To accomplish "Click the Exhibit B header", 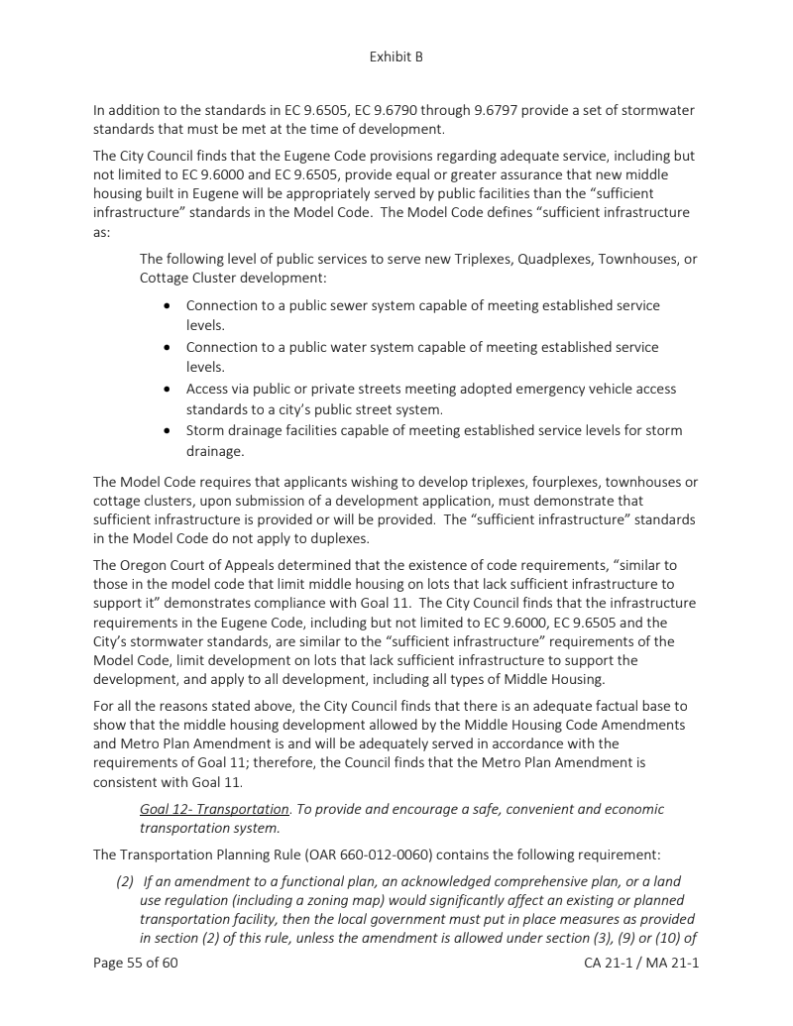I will pyautogui.click(x=396, y=57).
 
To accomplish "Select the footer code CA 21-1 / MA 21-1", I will pyautogui.click(x=642, y=962).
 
